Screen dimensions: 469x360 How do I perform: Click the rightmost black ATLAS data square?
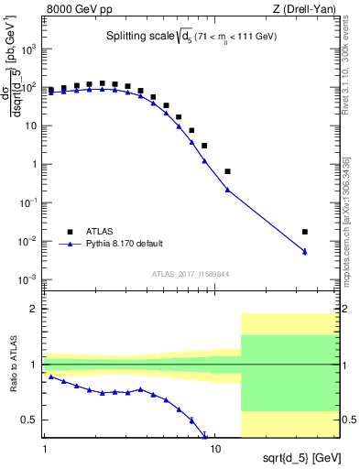[x=305, y=232]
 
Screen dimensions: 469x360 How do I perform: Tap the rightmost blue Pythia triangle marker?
[x=305, y=251]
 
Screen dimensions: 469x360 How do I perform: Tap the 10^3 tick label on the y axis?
[x=28, y=49]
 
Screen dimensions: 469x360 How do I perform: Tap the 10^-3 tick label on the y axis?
[x=28, y=278]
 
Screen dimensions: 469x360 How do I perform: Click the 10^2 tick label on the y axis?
[x=28, y=88]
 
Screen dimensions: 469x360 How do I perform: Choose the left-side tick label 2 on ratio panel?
[x=35, y=310]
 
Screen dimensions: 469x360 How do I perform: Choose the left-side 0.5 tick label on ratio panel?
[x=31, y=420]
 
